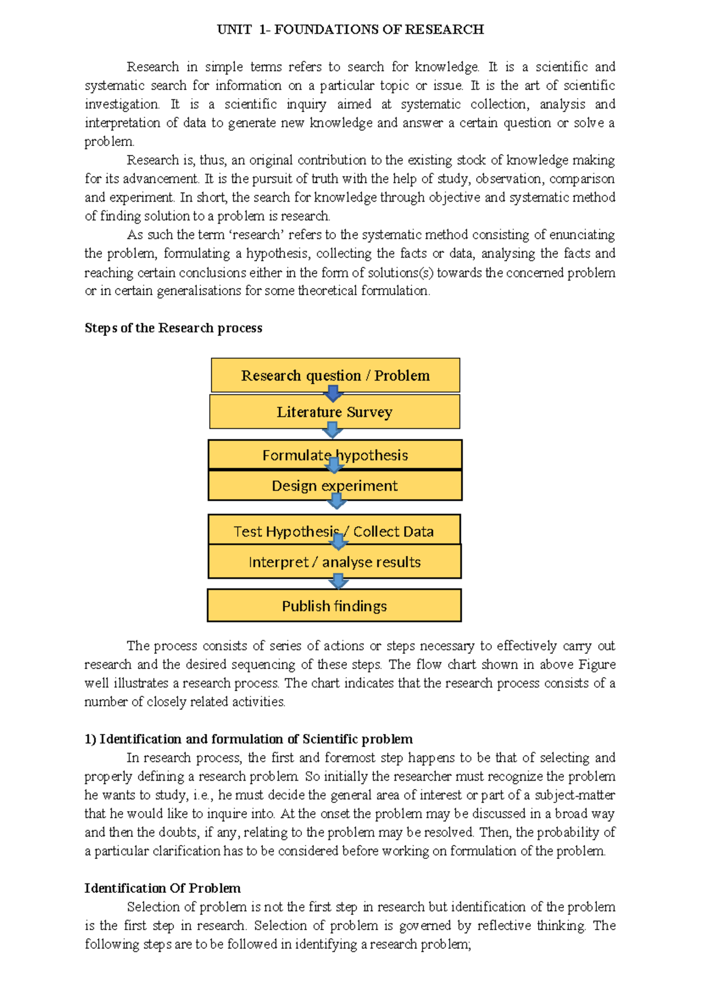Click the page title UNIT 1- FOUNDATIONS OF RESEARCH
350,30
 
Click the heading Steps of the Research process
173,328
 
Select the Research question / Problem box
335,375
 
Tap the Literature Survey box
334,412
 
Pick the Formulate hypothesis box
335,455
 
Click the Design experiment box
335,486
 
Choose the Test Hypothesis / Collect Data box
334,531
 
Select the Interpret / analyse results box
334,562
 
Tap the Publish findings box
334,606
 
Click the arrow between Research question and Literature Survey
333,393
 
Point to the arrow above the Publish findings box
338,581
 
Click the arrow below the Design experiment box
336,501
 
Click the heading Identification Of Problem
162,888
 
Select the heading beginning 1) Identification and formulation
248,739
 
